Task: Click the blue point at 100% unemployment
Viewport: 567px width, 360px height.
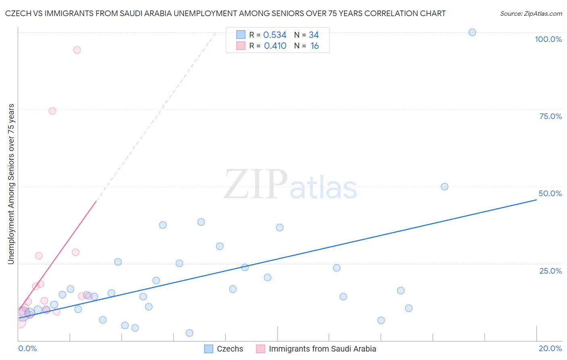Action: point(472,32)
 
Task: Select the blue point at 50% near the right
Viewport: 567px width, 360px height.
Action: point(444,186)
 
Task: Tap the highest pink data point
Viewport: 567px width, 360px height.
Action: point(77,50)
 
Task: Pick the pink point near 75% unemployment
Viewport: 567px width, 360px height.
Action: point(52,111)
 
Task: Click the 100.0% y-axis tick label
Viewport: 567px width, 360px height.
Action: point(548,39)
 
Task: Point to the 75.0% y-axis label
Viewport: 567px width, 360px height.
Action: point(550,116)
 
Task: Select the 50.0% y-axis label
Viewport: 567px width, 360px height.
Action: point(550,193)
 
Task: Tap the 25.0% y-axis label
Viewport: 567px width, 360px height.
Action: point(550,271)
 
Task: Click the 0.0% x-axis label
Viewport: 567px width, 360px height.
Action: point(27,348)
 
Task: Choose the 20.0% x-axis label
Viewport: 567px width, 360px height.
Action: point(550,348)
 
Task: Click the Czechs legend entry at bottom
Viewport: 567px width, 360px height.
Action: point(230,349)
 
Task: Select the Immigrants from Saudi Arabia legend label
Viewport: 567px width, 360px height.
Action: point(322,349)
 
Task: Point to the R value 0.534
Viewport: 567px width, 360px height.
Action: point(275,35)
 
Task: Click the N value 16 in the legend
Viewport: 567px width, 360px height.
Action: point(315,46)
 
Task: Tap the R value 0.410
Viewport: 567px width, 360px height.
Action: point(275,46)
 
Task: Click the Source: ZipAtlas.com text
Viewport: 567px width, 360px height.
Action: point(531,14)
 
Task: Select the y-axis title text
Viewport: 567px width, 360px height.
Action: point(11,184)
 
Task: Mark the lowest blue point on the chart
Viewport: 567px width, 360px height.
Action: point(190,333)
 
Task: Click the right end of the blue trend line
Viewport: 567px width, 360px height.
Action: point(536,199)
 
